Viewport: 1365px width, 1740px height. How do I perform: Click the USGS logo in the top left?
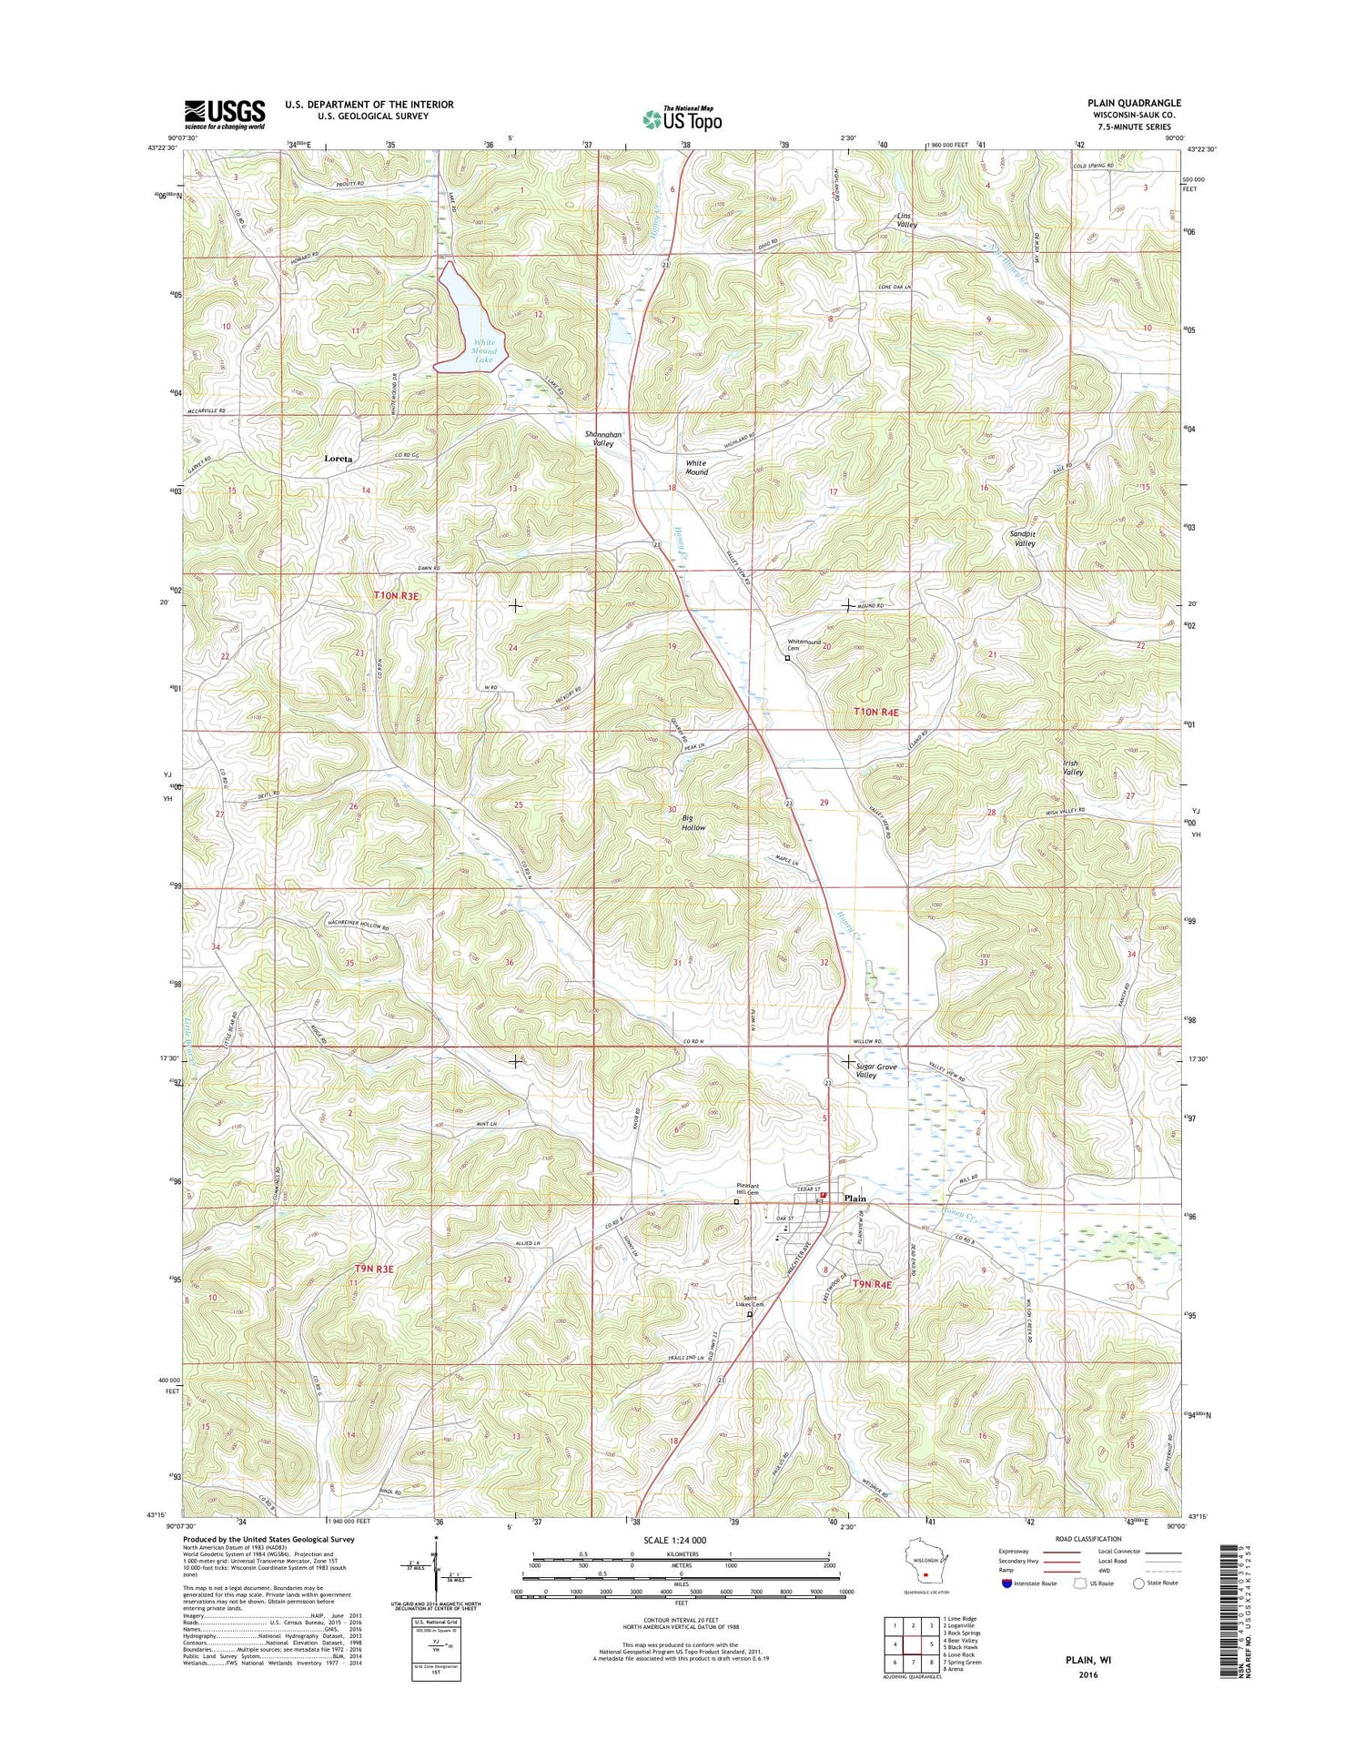click(x=225, y=115)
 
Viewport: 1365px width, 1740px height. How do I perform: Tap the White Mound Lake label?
click(x=482, y=352)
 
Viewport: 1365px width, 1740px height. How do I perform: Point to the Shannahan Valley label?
click(x=602, y=439)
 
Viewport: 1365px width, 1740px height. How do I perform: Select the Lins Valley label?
click(x=906, y=219)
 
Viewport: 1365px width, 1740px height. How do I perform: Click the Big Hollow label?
click(x=693, y=823)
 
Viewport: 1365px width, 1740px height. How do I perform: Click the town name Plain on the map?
click(x=854, y=1199)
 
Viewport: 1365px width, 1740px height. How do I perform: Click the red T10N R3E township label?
click(x=397, y=595)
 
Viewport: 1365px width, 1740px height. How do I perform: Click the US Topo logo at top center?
click(x=682, y=117)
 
